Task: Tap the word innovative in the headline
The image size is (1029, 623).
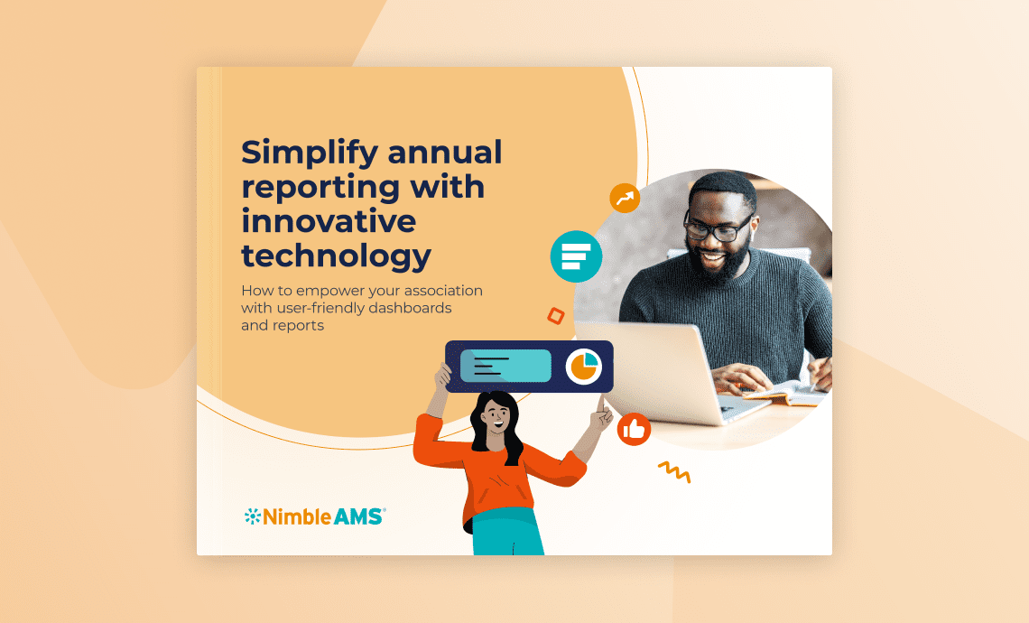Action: (329, 221)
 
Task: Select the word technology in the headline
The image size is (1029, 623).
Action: (336, 256)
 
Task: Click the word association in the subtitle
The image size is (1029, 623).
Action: (437, 291)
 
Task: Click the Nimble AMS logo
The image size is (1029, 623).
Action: (314, 516)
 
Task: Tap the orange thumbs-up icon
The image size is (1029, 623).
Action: (634, 429)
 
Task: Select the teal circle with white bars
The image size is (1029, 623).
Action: (576, 257)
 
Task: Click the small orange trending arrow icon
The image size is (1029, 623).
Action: (625, 198)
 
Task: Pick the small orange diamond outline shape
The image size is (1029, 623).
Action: (556, 315)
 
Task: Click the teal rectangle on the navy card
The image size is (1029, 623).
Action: (505, 366)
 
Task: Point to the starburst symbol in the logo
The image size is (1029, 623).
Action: (252, 516)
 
